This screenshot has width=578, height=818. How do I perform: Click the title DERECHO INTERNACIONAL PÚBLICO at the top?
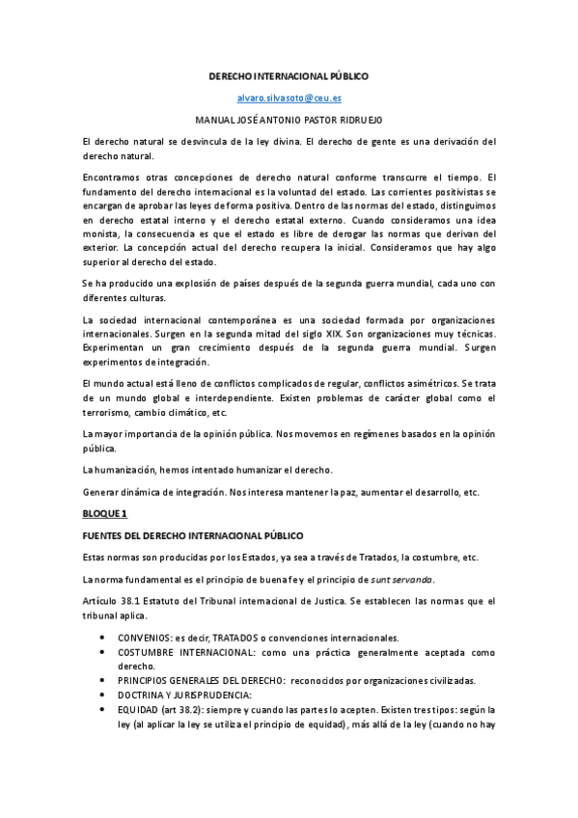coord(289,75)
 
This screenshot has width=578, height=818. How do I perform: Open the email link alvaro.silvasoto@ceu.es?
coord(289,97)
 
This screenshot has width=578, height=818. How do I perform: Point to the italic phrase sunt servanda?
coord(402,578)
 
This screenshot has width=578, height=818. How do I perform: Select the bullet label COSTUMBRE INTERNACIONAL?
coord(181,652)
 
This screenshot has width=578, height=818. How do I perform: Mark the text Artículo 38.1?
coord(112,601)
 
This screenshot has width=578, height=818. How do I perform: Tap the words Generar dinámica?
coord(125,491)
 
